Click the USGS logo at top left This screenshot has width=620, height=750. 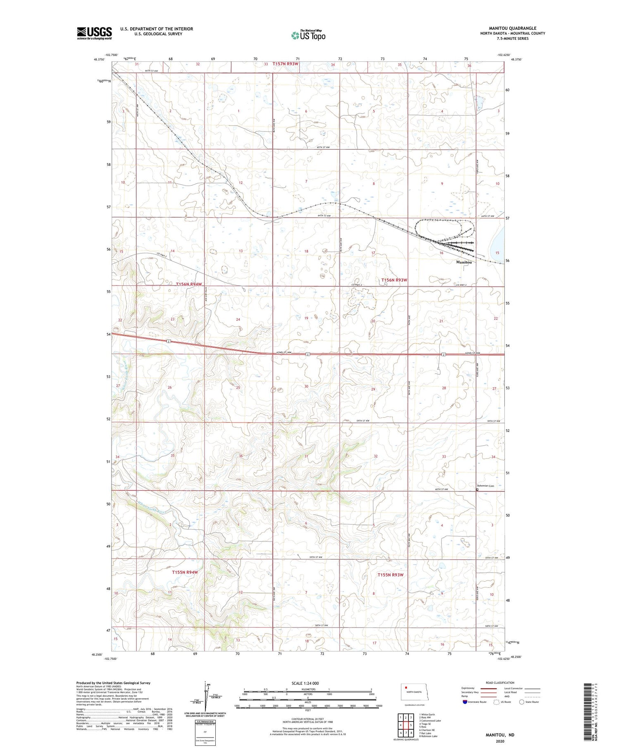click(94, 33)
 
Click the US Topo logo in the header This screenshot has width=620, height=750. click(308, 36)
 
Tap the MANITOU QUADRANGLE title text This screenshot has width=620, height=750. click(513, 28)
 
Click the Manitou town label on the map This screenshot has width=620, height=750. click(464, 262)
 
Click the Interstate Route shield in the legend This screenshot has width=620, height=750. click(465, 702)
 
